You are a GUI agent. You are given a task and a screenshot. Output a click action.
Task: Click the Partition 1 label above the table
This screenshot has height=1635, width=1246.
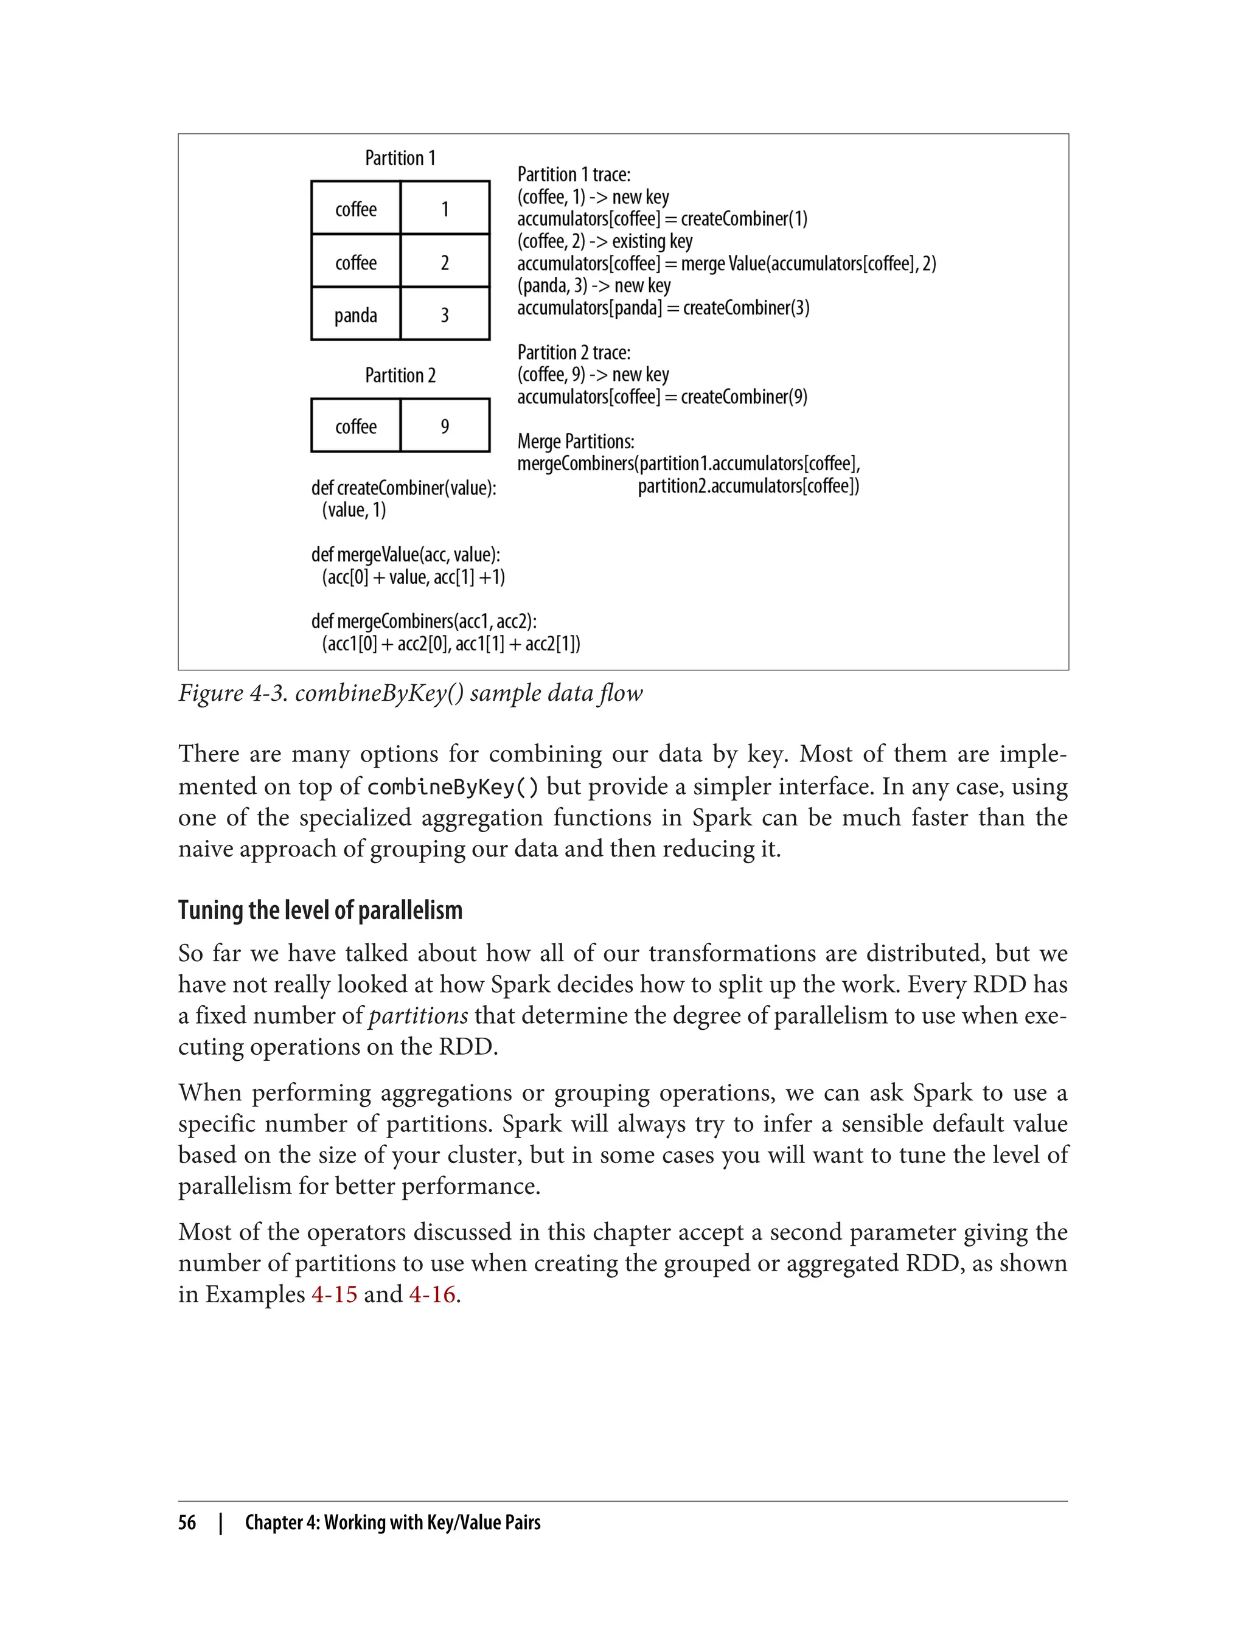[x=400, y=158]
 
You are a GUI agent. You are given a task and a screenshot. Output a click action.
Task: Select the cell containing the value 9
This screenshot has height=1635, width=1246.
[x=445, y=426]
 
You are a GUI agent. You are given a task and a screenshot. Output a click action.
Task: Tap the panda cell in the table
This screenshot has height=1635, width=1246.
[x=356, y=315]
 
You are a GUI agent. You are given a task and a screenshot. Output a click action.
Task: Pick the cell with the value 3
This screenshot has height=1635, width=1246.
[x=445, y=315]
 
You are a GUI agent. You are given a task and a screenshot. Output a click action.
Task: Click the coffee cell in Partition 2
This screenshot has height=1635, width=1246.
[x=356, y=426]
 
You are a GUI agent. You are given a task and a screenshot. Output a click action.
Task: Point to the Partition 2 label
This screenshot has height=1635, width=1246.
[x=400, y=376]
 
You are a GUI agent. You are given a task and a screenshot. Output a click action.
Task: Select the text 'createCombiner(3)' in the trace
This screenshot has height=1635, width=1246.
[x=745, y=308]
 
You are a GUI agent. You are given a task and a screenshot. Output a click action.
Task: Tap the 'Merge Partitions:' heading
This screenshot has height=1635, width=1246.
[x=576, y=442]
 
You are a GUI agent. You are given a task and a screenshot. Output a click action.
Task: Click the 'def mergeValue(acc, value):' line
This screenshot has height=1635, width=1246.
[x=405, y=555]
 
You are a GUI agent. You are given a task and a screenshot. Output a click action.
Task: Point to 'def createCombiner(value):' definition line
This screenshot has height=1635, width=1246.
[x=403, y=488]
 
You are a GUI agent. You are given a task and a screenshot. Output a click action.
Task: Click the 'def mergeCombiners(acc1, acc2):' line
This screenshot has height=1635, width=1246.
[x=423, y=622]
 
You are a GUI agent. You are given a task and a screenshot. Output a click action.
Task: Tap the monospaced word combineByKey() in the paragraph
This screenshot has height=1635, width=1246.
[x=453, y=786]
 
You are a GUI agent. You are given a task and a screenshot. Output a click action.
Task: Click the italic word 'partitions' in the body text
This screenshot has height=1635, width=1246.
[x=419, y=1015]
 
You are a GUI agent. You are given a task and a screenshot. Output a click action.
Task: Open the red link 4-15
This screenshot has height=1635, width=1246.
[x=334, y=1294]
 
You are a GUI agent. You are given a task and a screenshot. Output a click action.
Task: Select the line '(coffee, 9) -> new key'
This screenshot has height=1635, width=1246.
[x=593, y=375]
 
